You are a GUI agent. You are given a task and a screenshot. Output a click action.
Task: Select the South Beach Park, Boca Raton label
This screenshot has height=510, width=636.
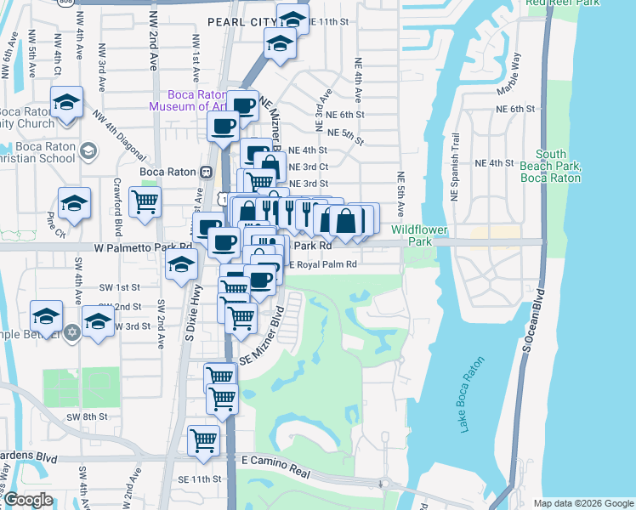[552, 166]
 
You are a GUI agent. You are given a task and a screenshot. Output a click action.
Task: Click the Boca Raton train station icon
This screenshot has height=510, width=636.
[205, 171]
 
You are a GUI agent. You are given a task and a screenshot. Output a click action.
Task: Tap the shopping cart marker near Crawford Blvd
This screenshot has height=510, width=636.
[145, 202]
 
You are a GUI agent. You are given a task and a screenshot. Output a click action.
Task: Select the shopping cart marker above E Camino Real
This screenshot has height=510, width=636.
[203, 440]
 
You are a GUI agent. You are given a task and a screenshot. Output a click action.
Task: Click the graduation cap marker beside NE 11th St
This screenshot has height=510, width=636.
[292, 18]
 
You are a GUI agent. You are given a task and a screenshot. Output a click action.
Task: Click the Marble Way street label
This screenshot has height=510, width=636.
[513, 73]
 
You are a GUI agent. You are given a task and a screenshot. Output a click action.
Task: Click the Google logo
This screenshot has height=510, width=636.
[28, 500]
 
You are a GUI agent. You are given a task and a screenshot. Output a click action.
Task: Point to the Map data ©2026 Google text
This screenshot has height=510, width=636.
[582, 503]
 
